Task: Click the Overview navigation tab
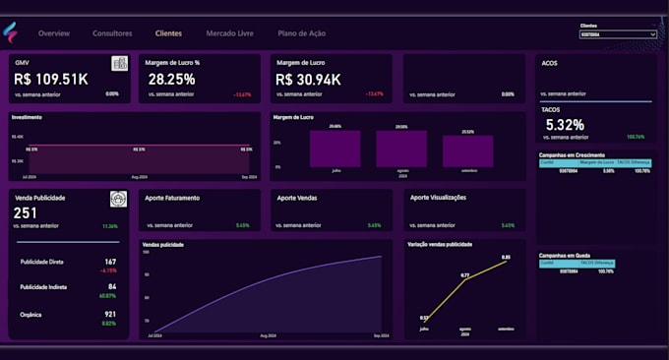coord(54,33)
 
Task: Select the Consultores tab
coord(112,33)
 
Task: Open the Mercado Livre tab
coord(229,33)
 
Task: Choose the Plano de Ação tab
coord(302,33)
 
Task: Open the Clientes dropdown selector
coord(618,34)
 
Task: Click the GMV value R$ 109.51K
coord(52,79)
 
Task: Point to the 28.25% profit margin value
coord(171,79)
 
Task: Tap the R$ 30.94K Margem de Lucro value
coord(309,79)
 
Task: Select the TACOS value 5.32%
coord(565,125)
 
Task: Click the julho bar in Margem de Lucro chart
coord(334,150)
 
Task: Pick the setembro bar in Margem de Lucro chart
coord(467,151)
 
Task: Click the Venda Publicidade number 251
coord(26,212)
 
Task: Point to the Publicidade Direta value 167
coord(110,262)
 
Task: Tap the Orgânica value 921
coord(110,314)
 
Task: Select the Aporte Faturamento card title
coord(172,198)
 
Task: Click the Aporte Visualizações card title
coord(438,198)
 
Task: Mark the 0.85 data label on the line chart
coord(506,258)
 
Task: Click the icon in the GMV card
coord(119,63)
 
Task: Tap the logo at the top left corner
coord(11,33)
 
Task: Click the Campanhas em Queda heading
coord(564,254)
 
